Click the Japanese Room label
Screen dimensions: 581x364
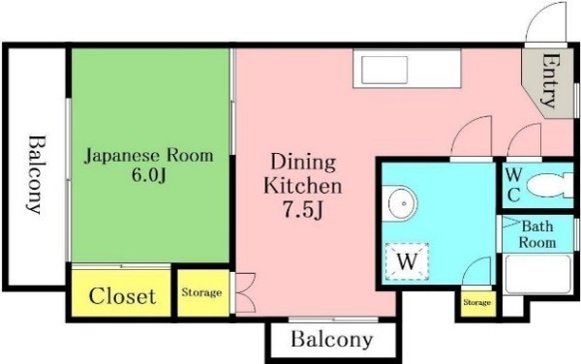(149, 156)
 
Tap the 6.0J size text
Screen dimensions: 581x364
(148, 175)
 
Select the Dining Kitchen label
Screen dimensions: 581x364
(303, 173)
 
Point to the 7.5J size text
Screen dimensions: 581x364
(303, 210)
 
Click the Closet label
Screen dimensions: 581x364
(122, 295)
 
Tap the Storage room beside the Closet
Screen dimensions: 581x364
(202, 293)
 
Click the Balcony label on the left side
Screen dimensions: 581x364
(37, 175)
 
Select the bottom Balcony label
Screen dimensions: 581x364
(331, 339)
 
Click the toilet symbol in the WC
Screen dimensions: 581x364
(549, 185)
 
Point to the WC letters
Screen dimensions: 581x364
(513, 184)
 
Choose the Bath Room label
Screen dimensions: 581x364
(537, 234)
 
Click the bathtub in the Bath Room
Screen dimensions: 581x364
(538, 274)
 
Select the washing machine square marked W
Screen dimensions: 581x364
(407, 261)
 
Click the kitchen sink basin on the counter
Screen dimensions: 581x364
(384, 70)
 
